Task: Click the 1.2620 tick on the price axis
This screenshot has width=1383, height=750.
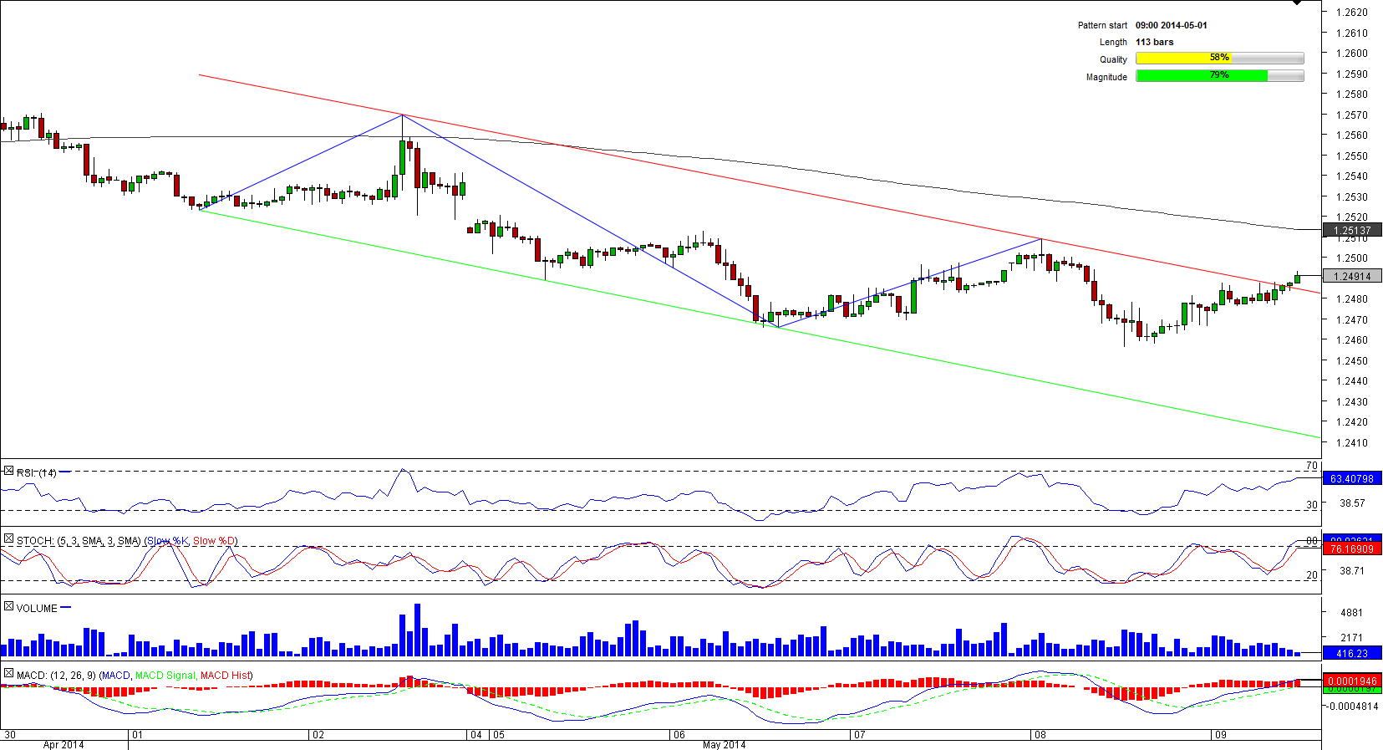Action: tap(1351, 13)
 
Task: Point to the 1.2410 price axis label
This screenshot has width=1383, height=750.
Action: tap(1351, 443)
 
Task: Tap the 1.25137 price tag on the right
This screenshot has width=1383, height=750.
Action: tap(1352, 231)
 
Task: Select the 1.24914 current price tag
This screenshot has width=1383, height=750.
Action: tap(1352, 277)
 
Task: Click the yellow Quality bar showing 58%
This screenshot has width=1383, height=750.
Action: tap(1183, 59)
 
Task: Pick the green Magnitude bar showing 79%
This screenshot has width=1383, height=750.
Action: tap(1202, 76)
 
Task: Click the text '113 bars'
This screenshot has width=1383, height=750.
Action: tap(1154, 42)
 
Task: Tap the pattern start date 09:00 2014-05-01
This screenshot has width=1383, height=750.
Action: tap(1171, 25)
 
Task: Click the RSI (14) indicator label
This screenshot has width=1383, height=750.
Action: tap(37, 473)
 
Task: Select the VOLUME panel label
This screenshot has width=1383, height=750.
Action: tap(37, 608)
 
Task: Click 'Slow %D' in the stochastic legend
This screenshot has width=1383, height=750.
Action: tap(215, 541)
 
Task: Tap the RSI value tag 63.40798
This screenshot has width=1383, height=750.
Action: tap(1351, 479)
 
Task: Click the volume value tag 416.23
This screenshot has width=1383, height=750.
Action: tap(1351, 654)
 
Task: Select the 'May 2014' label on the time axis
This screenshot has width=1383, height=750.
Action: tap(724, 745)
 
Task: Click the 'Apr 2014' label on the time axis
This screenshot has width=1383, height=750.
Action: tap(64, 745)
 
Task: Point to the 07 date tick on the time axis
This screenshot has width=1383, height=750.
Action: tap(859, 735)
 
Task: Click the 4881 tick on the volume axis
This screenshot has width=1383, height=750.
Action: tap(1351, 613)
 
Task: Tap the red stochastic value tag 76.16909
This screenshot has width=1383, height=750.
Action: tap(1351, 549)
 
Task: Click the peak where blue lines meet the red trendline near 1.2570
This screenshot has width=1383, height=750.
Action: tap(403, 115)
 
